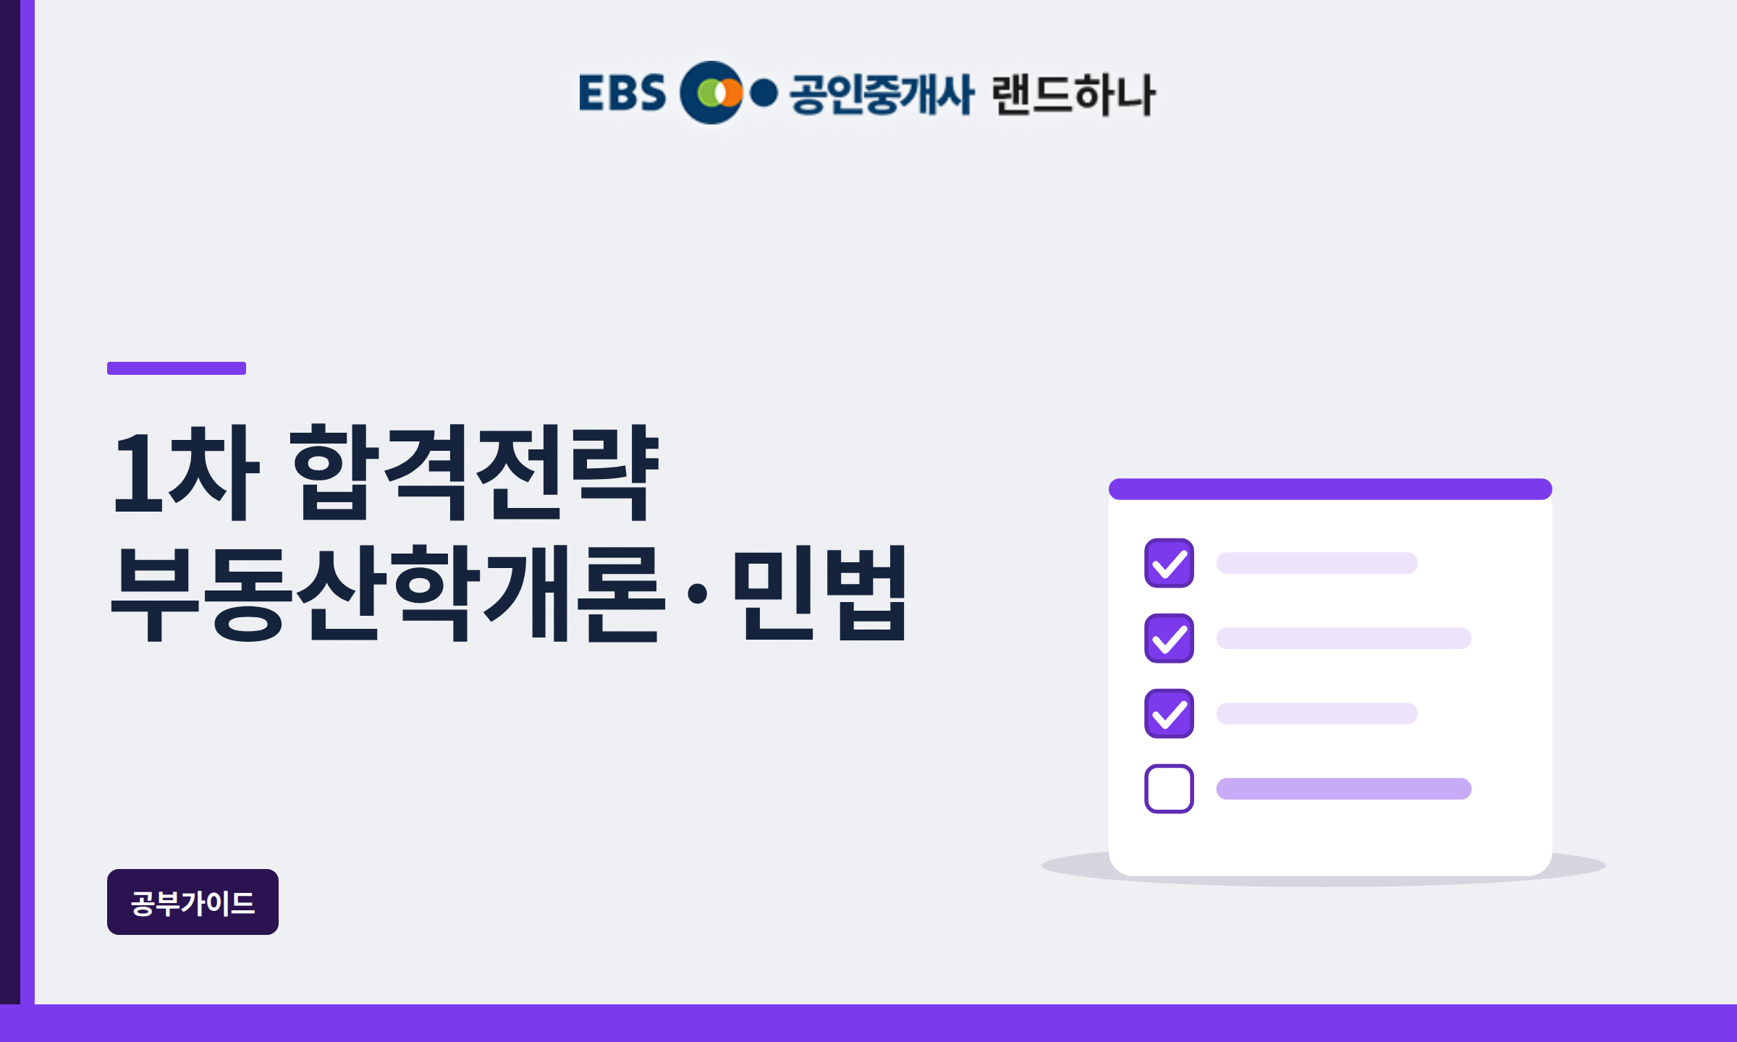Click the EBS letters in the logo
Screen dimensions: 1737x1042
(622, 93)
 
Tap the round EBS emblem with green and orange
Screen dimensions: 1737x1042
(712, 93)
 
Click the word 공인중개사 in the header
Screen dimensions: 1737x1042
(882, 93)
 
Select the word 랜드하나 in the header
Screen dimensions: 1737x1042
(1074, 94)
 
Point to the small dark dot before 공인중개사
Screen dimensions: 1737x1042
(764, 93)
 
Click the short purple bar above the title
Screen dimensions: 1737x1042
(177, 368)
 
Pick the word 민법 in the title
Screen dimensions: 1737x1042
(820, 593)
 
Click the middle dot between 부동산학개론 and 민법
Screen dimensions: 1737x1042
(698, 593)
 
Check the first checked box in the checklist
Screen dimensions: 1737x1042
(1169, 563)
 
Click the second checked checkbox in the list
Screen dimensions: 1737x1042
(1169, 638)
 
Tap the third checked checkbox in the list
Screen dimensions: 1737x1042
(1169, 713)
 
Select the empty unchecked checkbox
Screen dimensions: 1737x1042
(1169, 789)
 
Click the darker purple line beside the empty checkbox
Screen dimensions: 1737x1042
(1344, 789)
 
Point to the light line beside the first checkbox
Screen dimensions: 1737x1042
(1317, 563)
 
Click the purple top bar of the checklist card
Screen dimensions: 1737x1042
(1330, 489)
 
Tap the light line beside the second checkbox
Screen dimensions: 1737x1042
(1344, 638)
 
